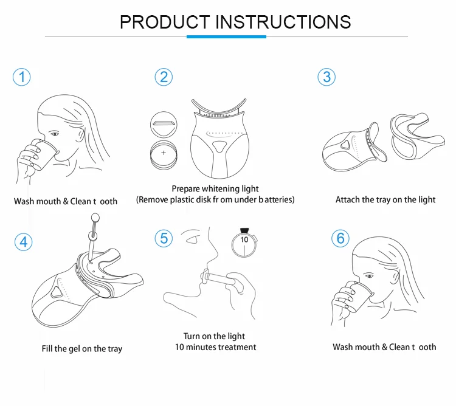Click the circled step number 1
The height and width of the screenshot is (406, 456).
[22, 77]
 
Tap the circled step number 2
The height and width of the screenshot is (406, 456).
[164, 77]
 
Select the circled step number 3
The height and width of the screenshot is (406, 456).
[326, 77]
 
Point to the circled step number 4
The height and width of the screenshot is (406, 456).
[24, 242]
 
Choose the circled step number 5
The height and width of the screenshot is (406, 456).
[164, 238]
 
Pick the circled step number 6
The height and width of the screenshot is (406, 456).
[340, 238]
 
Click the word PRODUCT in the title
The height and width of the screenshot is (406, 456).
[165, 22]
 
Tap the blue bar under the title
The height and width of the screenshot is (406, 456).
[226, 36]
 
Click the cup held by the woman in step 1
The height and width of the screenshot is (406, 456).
[44, 154]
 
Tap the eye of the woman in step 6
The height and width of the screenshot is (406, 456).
[369, 276]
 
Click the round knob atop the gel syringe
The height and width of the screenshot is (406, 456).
[95, 218]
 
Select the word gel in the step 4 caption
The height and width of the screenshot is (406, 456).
[74, 349]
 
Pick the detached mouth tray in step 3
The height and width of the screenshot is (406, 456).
[417, 136]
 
